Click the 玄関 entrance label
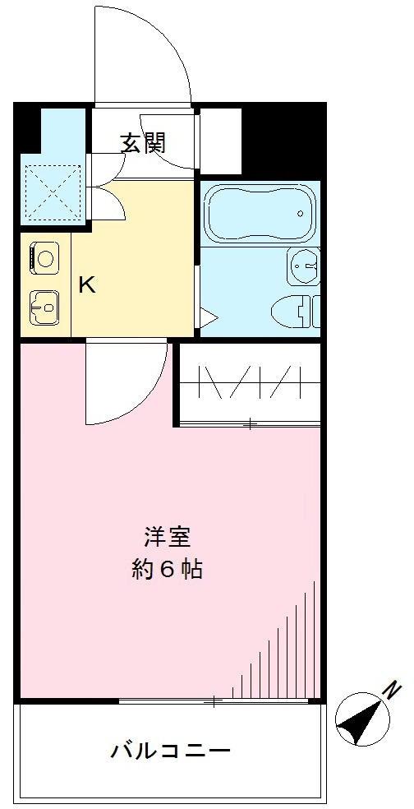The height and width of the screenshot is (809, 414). (x=144, y=144)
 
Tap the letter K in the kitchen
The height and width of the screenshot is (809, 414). (x=86, y=285)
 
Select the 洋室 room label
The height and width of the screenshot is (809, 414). (x=167, y=538)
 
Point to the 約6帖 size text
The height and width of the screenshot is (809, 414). (x=167, y=569)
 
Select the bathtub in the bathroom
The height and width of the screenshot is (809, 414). (x=257, y=213)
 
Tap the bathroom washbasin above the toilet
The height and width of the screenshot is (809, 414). (x=303, y=265)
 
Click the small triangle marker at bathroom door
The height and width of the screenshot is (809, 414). (x=207, y=317)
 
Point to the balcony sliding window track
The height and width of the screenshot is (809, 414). (x=214, y=701)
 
